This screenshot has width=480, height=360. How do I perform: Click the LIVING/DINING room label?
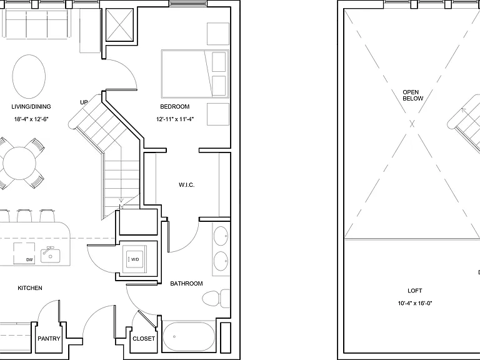[x=31, y=106]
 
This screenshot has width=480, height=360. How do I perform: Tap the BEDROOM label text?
[x=175, y=106]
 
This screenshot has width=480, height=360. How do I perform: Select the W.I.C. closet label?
[x=186, y=185]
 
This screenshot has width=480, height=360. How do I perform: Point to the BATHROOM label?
[x=186, y=284]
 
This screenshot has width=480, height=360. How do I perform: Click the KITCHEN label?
[x=30, y=288]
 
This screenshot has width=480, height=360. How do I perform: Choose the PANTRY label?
[x=49, y=339]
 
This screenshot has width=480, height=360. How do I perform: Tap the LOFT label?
[x=415, y=291]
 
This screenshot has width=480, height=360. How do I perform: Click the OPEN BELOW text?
[x=412, y=95]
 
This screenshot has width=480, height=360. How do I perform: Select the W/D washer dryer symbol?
[x=135, y=259]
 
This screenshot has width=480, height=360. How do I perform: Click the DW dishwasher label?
[x=29, y=260]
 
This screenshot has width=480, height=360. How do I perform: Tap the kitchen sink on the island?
[x=51, y=255]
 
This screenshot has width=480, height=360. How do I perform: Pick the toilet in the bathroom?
[x=216, y=299]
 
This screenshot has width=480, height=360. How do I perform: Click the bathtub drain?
[x=174, y=337]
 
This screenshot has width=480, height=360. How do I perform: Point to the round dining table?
[x=19, y=164]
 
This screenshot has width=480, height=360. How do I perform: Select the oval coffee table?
[x=29, y=76]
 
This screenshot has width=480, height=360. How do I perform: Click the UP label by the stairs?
[x=84, y=102]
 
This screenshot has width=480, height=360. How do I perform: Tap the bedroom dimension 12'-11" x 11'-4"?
[x=175, y=119]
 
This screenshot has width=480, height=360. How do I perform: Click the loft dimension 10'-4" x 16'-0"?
[x=415, y=303]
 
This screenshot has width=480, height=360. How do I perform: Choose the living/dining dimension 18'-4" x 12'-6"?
[x=31, y=119]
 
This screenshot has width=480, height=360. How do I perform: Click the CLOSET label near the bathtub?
[x=144, y=339]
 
